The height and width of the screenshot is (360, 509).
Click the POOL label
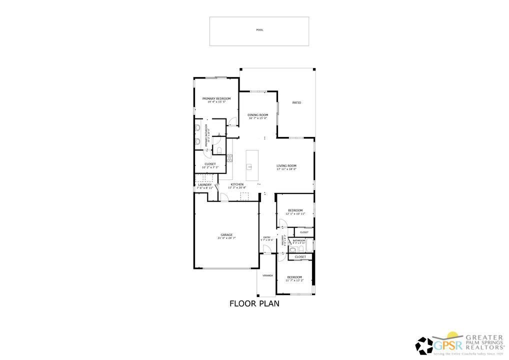(x=259, y=30)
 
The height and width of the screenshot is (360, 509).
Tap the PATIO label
(x=296, y=103)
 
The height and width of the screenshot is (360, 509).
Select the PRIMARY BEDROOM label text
(x=216, y=98)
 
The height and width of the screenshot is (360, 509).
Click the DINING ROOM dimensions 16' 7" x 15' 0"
(x=258, y=118)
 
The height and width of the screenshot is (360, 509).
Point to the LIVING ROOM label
(x=287, y=165)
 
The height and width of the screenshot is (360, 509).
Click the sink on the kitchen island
(x=249, y=166)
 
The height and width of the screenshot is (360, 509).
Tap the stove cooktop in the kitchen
(x=230, y=158)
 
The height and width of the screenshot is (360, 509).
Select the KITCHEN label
(x=237, y=184)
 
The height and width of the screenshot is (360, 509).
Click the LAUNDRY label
(x=205, y=184)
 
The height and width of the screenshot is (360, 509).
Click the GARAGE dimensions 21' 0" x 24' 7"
(x=226, y=238)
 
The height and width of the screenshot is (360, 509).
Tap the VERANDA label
(x=268, y=275)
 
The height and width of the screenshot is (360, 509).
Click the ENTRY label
(x=267, y=237)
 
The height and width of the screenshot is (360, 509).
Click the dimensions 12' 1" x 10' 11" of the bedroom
(x=295, y=214)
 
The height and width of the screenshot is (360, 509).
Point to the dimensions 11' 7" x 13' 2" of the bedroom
(x=294, y=280)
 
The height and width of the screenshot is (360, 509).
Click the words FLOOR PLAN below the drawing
(x=254, y=303)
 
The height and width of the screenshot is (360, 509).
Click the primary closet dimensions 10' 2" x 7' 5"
(x=210, y=167)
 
